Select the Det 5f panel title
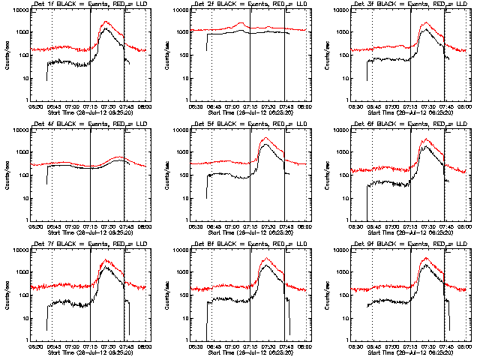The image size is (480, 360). click(x=250, y=125)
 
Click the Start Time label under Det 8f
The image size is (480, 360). click(x=250, y=352)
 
